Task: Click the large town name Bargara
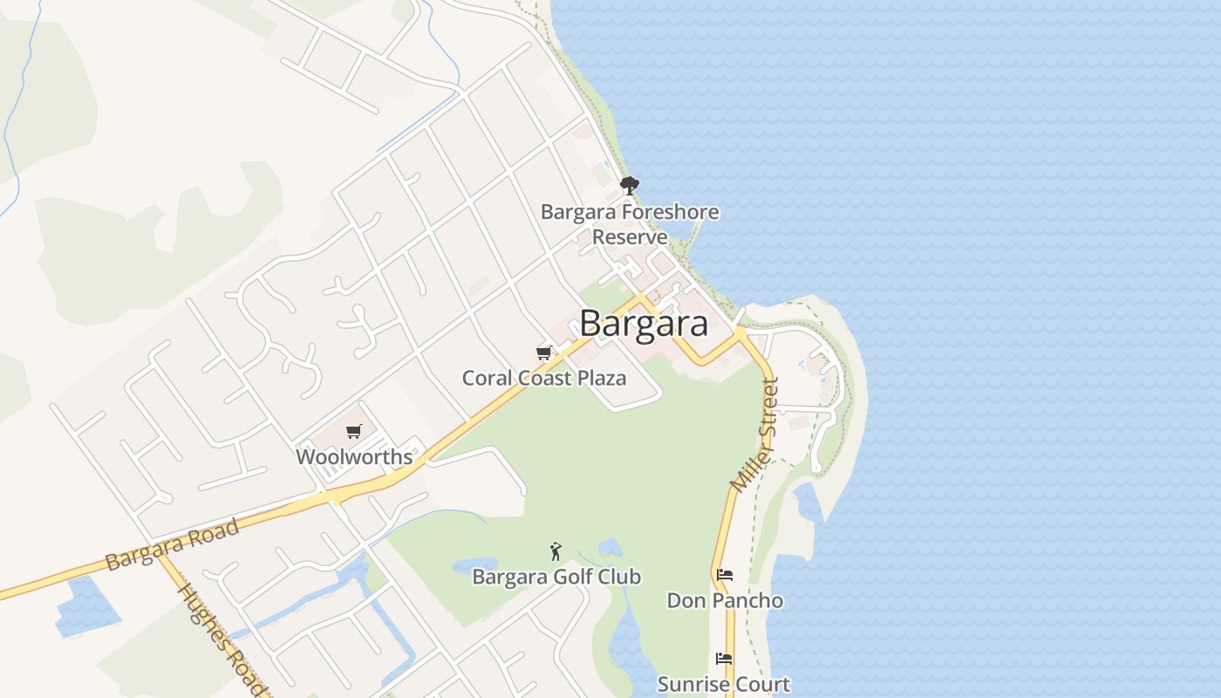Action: (x=644, y=324)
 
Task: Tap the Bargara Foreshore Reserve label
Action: (x=630, y=223)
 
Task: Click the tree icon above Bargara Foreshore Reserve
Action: (x=629, y=185)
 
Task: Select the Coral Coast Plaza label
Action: (x=544, y=378)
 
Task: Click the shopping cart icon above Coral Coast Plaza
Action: (x=544, y=353)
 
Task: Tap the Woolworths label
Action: (x=354, y=456)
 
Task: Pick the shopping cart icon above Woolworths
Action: (x=353, y=431)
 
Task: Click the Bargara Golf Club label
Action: (x=556, y=577)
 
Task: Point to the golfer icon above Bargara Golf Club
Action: (x=556, y=551)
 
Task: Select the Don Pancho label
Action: (x=725, y=600)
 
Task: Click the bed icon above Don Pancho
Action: (x=724, y=575)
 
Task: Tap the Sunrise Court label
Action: (x=724, y=684)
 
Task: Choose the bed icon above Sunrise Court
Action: (x=724, y=659)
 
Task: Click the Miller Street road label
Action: (x=755, y=435)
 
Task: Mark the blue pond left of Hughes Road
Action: (x=87, y=606)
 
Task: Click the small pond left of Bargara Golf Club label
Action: (x=474, y=565)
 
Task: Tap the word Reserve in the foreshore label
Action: (x=630, y=236)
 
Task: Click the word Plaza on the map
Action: (x=598, y=378)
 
